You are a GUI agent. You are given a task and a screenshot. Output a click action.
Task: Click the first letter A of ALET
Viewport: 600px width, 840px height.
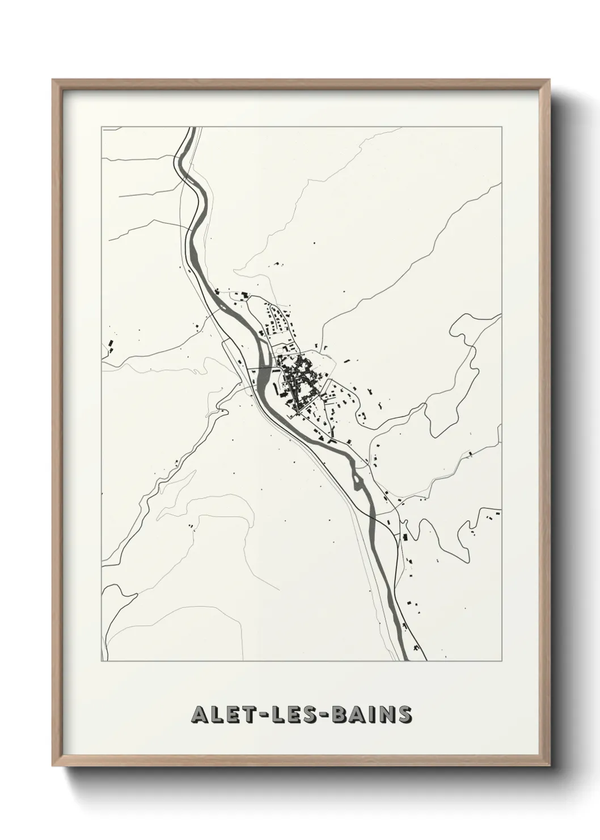(200, 715)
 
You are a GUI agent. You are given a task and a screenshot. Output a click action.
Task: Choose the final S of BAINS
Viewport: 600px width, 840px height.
(404, 715)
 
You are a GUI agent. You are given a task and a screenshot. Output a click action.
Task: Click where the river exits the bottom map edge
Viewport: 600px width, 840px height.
(407, 660)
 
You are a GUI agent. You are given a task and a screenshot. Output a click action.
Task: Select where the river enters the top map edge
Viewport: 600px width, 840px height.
(192, 128)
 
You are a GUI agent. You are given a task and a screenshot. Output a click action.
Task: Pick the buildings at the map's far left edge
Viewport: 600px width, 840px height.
(109, 345)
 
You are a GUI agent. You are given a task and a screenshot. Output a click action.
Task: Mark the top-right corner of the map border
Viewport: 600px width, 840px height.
(502, 127)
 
